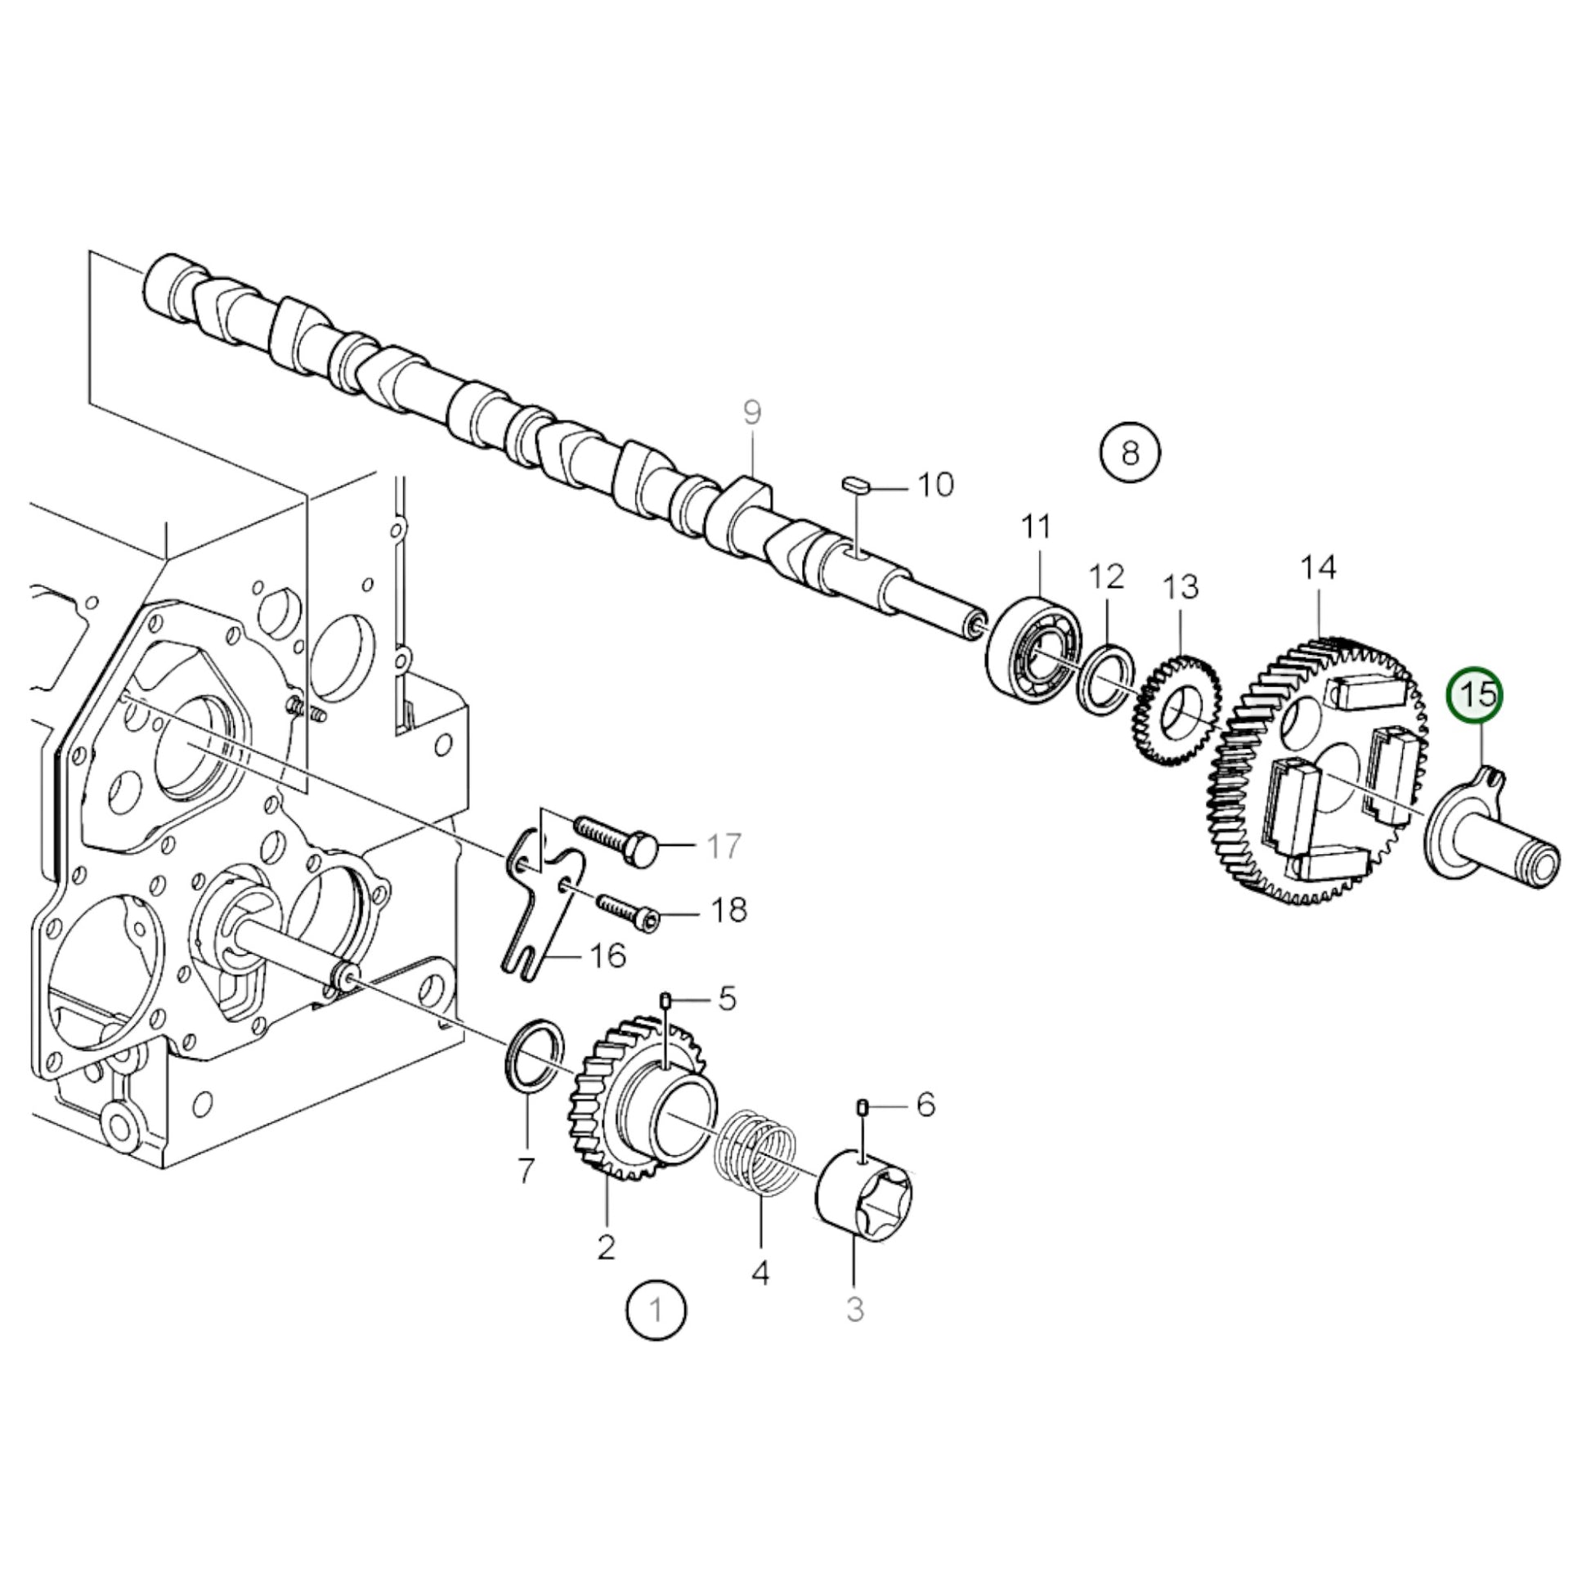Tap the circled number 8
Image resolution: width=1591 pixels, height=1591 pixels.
click(1130, 452)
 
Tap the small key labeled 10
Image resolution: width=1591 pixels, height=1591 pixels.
click(856, 482)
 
